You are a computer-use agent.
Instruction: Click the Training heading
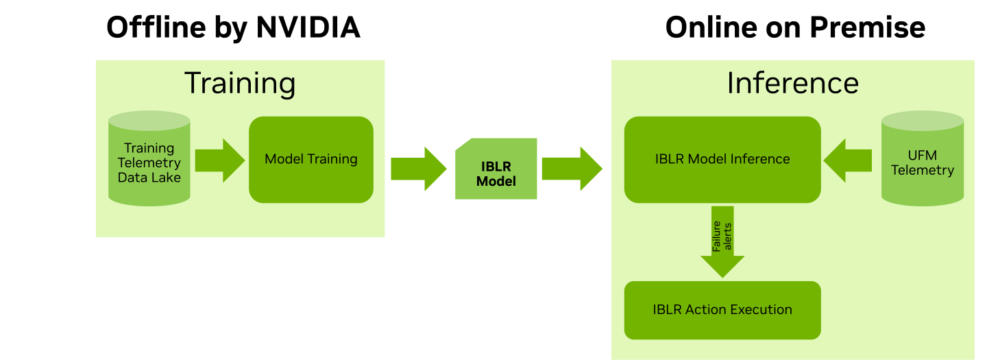tap(240, 83)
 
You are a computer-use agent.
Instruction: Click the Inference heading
tap(792, 83)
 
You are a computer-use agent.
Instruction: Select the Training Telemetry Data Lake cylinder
tap(149, 160)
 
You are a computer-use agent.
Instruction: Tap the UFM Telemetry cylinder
tap(922, 160)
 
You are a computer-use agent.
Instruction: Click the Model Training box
tap(311, 159)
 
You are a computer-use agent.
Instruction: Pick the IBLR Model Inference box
tap(722, 159)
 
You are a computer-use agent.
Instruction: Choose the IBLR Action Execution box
tap(722, 310)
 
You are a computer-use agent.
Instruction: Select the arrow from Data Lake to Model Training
tap(219, 160)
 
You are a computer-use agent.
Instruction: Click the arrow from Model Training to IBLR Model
tap(417, 169)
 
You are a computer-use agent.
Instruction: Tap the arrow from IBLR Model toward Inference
tap(571, 169)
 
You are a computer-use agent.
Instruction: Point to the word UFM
tap(923, 156)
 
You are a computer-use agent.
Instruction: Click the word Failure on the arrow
tap(717, 237)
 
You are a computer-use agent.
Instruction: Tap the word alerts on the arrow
tap(728, 237)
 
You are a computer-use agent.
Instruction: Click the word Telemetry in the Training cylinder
tap(149, 163)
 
